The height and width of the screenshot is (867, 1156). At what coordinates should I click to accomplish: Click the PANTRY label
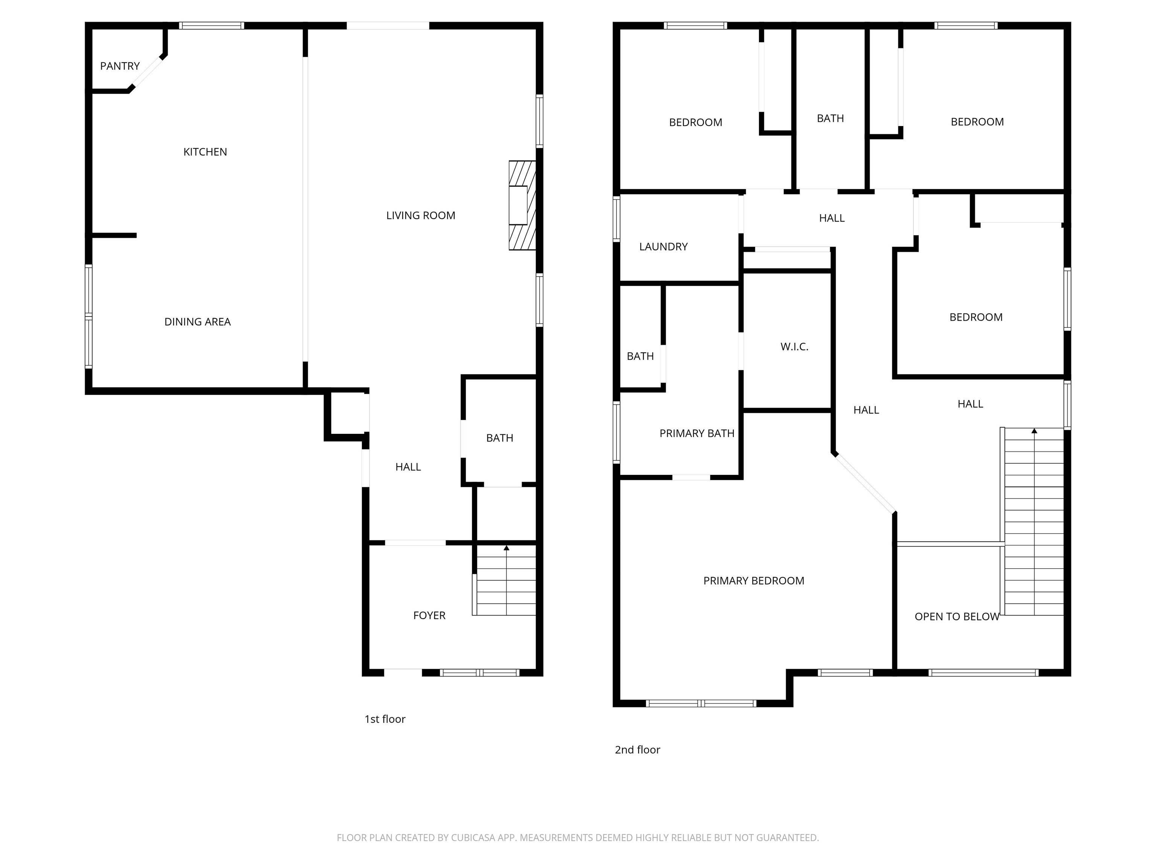tap(120, 66)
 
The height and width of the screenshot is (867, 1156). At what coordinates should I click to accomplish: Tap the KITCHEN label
tap(205, 152)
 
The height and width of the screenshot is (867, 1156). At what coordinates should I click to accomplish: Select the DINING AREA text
tap(198, 322)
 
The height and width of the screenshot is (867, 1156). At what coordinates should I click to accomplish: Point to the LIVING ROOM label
tap(421, 215)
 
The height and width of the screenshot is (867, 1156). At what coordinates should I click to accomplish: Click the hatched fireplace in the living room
tap(522, 205)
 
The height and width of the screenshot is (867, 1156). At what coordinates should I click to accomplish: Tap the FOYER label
tap(429, 616)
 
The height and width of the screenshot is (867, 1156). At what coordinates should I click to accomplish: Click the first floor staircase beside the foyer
tap(505, 581)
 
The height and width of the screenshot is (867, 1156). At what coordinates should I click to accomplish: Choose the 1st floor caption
tap(385, 719)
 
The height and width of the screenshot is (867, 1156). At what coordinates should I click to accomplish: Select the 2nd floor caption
tap(637, 750)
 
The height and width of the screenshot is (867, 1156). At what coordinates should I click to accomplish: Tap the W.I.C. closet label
tap(794, 347)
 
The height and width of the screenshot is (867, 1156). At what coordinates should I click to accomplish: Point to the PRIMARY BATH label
tap(697, 433)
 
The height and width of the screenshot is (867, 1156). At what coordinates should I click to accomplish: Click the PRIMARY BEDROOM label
tap(754, 581)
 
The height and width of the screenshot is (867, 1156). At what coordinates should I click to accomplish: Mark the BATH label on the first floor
tap(500, 438)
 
